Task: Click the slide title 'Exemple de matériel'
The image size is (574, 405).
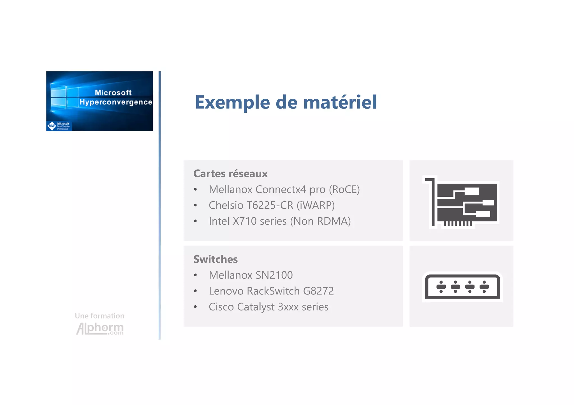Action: (286, 102)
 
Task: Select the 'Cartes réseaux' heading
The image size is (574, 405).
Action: (230, 174)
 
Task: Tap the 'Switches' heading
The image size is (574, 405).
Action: (216, 259)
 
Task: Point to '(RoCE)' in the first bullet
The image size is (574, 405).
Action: (344, 190)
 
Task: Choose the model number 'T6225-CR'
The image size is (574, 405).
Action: (270, 205)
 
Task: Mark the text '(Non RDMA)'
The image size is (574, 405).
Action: (320, 221)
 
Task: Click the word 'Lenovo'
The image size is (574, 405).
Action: (226, 291)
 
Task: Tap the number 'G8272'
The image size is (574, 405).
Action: (318, 291)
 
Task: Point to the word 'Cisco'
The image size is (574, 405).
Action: (221, 307)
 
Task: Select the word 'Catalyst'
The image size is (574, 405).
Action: (256, 307)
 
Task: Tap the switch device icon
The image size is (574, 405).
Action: (462, 287)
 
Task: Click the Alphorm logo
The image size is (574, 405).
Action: (100, 329)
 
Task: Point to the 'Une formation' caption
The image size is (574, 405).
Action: (99, 316)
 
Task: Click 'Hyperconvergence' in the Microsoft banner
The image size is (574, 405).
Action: (116, 102)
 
